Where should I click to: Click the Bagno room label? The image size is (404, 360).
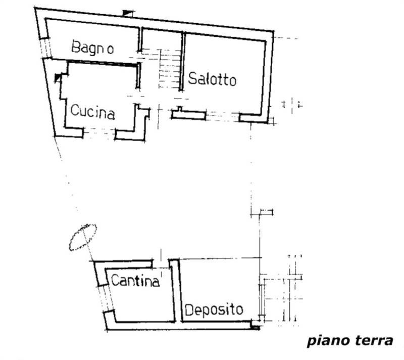[x=92, y=48]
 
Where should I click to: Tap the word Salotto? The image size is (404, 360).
[x=212, y=79]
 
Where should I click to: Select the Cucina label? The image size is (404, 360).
[x=92, y=111]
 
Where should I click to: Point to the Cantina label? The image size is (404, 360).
[x=135, y=280]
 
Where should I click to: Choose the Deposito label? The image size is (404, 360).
[x=213, y=309]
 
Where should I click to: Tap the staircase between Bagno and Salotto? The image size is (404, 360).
[x=169, y=68]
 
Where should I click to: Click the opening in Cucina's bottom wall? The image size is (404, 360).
[x=99, y=133]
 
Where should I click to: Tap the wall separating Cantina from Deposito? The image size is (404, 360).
[x=174, y=291]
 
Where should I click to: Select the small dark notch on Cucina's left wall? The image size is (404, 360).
[x=58, y=78]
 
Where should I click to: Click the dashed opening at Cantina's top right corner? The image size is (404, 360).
[x=161, y=263]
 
